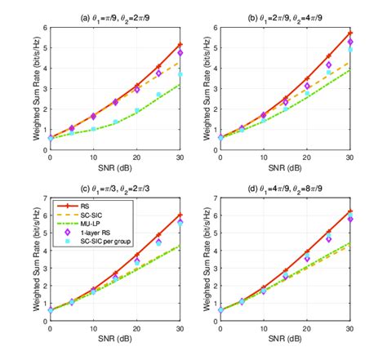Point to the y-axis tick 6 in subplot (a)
tap(44, 27)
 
